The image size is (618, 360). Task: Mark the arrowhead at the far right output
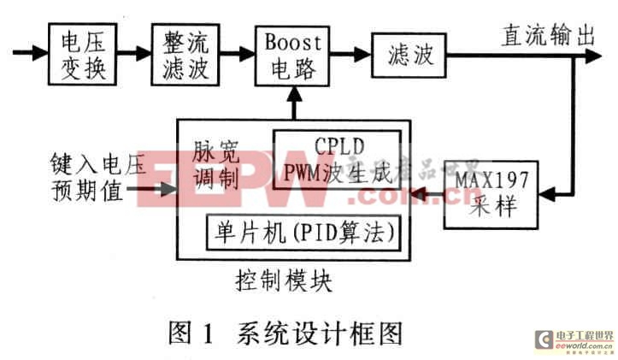click(595, 56)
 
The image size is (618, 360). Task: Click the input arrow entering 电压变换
click(39, 53)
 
